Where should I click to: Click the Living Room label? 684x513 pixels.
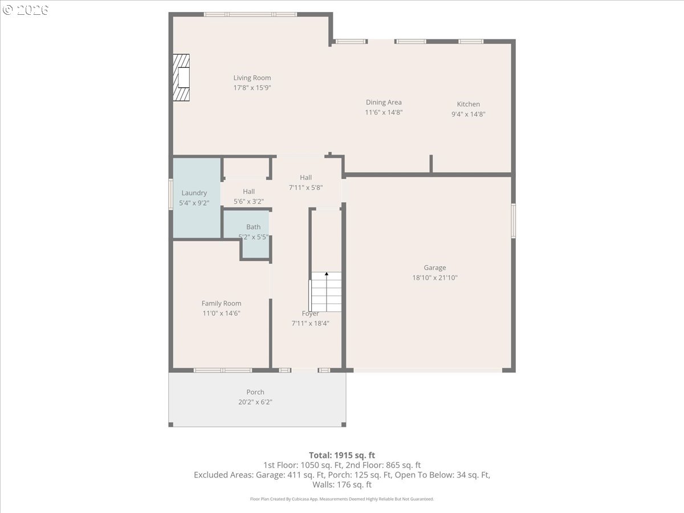[x=252, y=78]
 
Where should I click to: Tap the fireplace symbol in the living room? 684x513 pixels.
[x=181, y=78]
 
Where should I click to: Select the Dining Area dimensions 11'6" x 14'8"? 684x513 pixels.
[x=384, y=112]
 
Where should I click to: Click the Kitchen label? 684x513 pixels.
[x=469, y=104]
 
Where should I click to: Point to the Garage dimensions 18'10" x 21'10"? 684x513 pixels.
[x=435, y=278]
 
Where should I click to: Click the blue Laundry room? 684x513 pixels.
[x=197, y=198]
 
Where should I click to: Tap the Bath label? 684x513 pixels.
[x=253, y=227]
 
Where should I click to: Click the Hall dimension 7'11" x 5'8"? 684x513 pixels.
[x=306, y=188]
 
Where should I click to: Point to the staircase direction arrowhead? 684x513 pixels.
[x=327, y=274]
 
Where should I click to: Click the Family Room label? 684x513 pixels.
[x=221, y=303]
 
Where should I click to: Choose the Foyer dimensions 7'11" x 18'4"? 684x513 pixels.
[x=310, y=323]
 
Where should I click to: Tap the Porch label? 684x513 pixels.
[x=255, y=392]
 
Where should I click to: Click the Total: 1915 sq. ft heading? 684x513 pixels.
[x=342, y=455]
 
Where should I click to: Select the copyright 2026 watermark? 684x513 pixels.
[x=26, y=10]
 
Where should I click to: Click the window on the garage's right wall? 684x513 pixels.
[x=513, y=221]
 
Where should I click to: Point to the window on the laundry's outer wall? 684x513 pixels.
[x=171, y=194]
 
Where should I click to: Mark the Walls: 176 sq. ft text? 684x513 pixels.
[x=342, y=484]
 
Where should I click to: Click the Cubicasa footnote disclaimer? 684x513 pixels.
[x=342, y=499]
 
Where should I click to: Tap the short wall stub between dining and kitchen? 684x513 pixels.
[x=431, y=164]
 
